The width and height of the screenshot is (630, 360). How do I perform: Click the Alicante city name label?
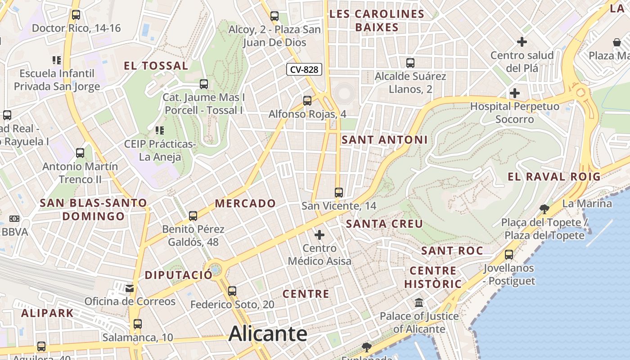click(268, 334)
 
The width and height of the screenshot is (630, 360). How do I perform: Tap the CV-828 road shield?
click(304, 69)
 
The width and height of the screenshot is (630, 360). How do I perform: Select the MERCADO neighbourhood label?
click(245, 203)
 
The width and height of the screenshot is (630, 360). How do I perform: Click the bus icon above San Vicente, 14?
click(339, 193)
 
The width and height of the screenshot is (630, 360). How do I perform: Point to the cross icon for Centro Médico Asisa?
click(319, 234)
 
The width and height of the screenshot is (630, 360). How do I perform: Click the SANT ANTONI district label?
click(385, 140)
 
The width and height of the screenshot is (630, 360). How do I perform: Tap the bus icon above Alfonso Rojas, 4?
click(307, 101)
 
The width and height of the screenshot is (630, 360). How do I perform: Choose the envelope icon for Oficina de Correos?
click(130, 288)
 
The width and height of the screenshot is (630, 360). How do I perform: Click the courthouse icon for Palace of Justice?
click(419, 302)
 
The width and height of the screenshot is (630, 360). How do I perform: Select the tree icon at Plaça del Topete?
click(544, 208)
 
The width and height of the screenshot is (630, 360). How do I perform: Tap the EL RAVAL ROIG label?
click(554, 177)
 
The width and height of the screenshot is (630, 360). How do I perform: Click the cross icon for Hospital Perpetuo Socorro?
click(515, 93)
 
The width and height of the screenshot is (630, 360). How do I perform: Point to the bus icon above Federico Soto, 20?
click(232, 291)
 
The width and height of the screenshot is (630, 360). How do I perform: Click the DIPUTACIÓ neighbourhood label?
click(179, 275)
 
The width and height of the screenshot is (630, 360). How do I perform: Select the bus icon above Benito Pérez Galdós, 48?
click(193, 216)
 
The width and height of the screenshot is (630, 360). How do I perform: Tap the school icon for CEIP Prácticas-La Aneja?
click(160, 130)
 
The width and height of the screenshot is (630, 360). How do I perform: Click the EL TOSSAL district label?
click(156, 66)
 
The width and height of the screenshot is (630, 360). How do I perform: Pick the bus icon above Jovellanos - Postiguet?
click(509, 255)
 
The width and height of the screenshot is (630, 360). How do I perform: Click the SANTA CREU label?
click(385, 224)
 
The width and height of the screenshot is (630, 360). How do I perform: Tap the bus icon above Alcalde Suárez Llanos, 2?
click(410, 63)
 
